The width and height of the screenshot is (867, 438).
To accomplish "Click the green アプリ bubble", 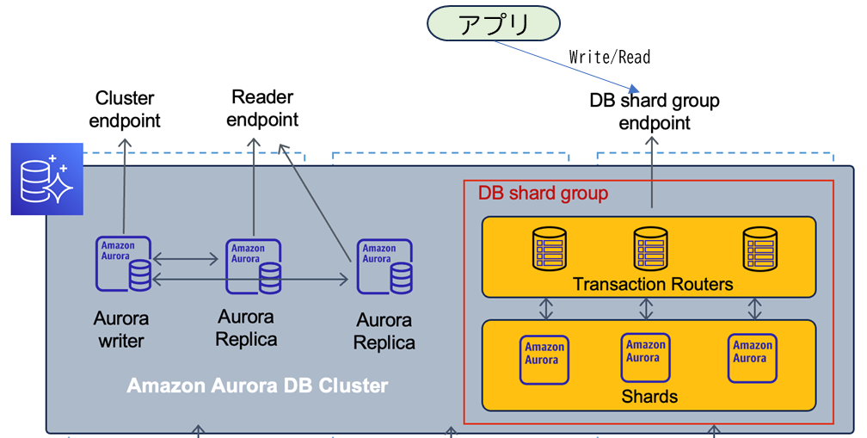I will (x=494, y=23).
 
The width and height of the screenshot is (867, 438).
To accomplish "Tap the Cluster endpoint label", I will (x=125, y=109).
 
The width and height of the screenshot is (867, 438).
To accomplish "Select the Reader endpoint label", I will (x=262, y=108).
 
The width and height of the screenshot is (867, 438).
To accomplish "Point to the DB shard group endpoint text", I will (x=655, y=112).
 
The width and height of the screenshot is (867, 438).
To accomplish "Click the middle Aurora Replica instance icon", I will (x=254, y=267).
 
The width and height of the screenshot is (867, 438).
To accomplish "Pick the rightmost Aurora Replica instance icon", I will (x=384, y=267).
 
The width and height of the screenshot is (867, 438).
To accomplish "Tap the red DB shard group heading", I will (x=543, y=193).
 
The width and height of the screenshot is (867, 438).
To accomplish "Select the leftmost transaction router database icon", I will (x=549, y=249).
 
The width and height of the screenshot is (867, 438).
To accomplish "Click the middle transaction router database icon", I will (x=650, y=249).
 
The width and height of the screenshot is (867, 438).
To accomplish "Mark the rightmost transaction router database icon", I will (x=759, y=249).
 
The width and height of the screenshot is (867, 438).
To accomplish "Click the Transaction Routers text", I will (x=653, y=284).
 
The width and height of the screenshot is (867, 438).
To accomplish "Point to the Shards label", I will (x=649, y=397).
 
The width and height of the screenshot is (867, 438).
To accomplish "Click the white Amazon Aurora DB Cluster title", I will (x=257, y=386).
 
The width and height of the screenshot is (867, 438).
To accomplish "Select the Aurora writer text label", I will (x=120, y=330).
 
